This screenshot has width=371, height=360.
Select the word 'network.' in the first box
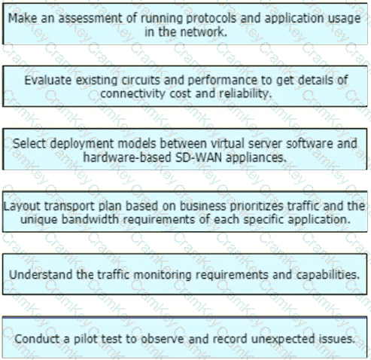(x=203, y=32)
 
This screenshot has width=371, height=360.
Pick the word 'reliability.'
(x=245, y=94)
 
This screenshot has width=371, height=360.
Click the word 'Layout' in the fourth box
(x=22, y=206)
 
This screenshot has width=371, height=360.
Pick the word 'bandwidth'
(x=90, y=220)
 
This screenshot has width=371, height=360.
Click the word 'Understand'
(x=41, y=275)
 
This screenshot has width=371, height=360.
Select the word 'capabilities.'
(x=328, y=275)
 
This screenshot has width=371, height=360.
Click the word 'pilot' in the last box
(x=85, y=339)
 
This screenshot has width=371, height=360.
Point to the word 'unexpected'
(x=283, y=340)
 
